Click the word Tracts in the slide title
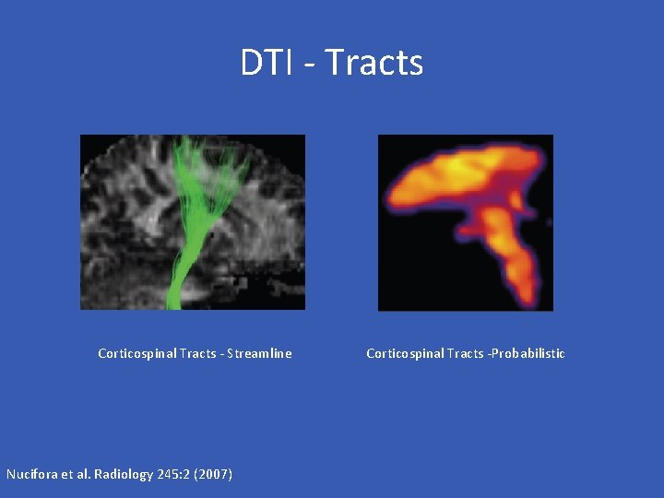click(374, 63)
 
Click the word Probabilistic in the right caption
click(528, 353)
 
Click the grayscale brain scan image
click(120, 221)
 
